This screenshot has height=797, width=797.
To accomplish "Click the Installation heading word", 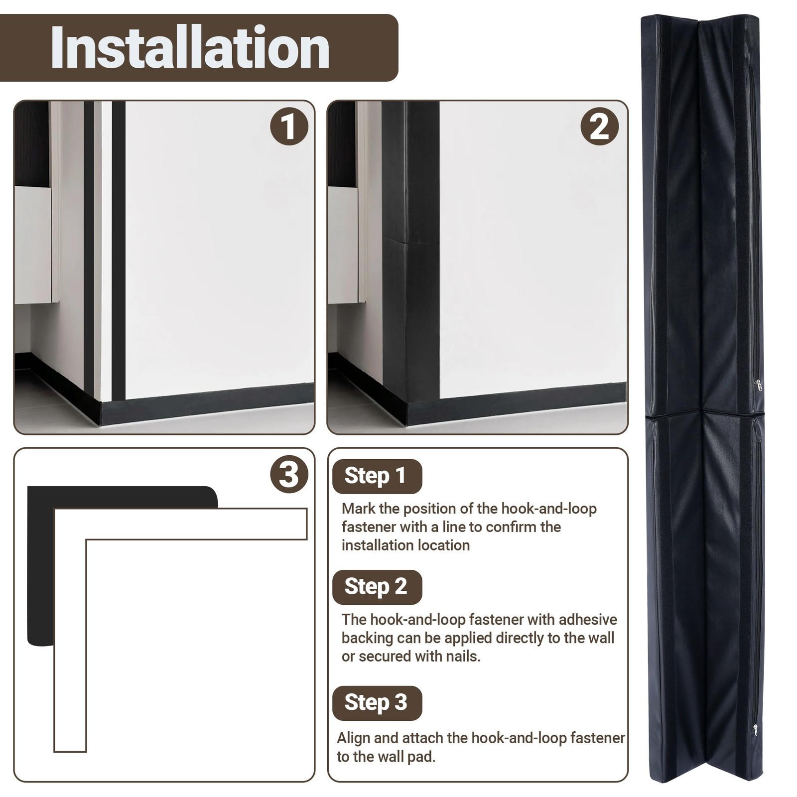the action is pyautogui.click(x=190, y=48).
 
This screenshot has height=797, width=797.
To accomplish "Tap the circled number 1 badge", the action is pyautogui.click(x=289, y=127).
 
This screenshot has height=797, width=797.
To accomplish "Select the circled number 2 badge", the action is pyautogui.click(x=600, y=127).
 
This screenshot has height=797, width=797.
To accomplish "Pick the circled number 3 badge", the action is pyautogui.click(x=289, y=474).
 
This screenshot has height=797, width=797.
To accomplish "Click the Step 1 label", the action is pyautogui.click(x=377, y=476).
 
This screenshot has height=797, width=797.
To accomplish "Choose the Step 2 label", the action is pyautogui.click(x=377, y=587).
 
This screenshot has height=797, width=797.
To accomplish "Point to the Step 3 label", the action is pyautogui.click(x=377, y=703).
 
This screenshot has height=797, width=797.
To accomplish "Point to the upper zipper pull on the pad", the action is pyautogui.click(x=758, y=385).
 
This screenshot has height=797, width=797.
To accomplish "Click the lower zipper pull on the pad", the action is pyautogui.click(x=756, y=730).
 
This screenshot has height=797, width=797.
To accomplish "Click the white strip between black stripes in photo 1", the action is pyautogui.click(x=106, y=249).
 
